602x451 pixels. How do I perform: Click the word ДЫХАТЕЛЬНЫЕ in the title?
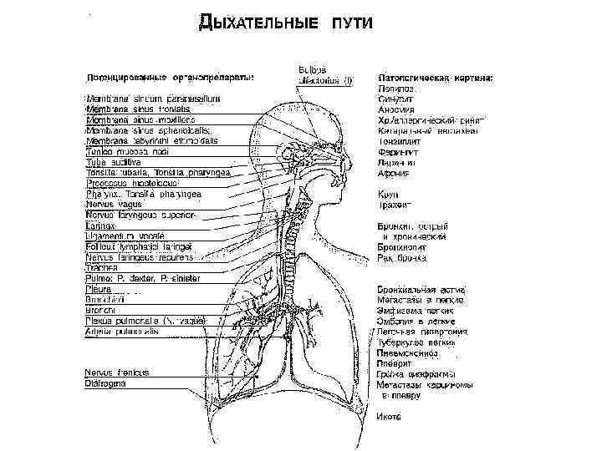point(258,23)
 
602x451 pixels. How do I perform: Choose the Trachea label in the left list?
point(103,269)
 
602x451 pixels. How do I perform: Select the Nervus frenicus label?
point(116,372)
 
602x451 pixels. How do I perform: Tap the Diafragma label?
point(110,383)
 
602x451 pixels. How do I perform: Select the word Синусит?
point(395,98)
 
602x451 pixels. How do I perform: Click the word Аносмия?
point(396,109)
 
